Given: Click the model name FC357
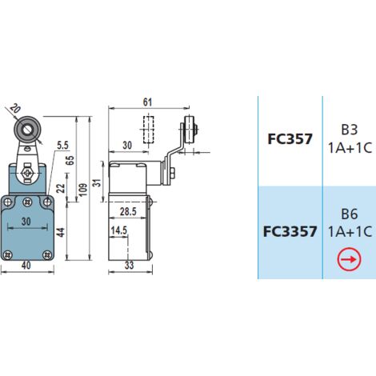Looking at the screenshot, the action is tap(290, 139).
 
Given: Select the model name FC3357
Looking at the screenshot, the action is tap(290, 231).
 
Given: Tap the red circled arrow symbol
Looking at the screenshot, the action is tap(349, 259).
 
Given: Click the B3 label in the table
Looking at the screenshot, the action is tap(350, 130).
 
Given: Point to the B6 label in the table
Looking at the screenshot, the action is tap(350, 214).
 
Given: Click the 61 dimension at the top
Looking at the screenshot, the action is tap(147, 102).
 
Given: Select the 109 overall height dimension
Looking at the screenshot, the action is tap(83, 190).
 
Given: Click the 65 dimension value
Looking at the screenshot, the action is tap(70, 160).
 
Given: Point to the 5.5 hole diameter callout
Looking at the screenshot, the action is tap(62, 145).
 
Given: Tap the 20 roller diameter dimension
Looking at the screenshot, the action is tap(15, 109).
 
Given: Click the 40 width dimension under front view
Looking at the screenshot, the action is tap(26, 266).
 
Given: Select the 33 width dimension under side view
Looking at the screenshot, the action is tap(129, 266).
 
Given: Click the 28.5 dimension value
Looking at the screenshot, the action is tap(128, 211).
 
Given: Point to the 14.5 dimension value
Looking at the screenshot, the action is tap(119, 230).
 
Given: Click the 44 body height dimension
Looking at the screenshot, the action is tap(62, 232).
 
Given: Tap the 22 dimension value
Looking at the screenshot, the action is tap(62, 188).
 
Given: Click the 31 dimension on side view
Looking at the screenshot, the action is tap(98, 182).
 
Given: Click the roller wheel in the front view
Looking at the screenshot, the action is tap(27, 130).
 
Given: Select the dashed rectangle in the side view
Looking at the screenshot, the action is tap(149, 130).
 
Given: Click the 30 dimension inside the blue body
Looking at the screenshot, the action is tap(26, 222).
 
